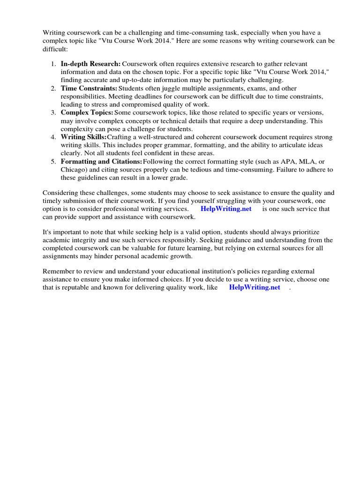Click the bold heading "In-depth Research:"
(x=90, y=64)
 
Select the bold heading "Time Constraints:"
(x=89, y=88)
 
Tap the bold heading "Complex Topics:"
(x=87, y=113)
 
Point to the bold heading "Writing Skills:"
(x=83, y=137)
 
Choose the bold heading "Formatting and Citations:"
(x=101, y=162)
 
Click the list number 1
(x=53, y=64)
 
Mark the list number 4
(x=53, y=137)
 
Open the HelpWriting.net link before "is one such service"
(x=225, y=209)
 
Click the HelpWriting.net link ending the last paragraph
(x=254, y=288)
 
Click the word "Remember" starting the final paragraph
(x=59, y=271)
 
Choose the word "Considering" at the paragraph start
(x=61, y=193)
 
